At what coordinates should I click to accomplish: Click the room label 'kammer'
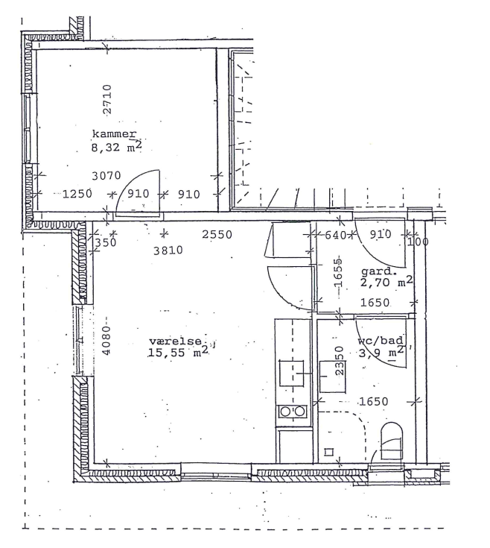click(x=114, y=134)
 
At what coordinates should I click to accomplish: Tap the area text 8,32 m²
click(x=117, y=146)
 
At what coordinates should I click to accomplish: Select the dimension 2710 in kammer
click(x=107, y=99)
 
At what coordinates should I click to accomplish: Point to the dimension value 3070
click(x=106, y=175)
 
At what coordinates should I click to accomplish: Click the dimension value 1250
click(x=77, y=194)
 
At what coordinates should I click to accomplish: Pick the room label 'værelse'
click(x=176, y=341)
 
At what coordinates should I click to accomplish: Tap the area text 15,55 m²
click(x=178, y=352)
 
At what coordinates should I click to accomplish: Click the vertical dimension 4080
click(x=106, y=341)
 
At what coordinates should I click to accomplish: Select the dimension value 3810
click(x=168, y=251)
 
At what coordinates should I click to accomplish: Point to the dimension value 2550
click(x=217, y=235)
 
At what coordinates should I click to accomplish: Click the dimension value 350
click(x=106, y=242)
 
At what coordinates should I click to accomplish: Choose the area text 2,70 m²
click(x=386, y=281)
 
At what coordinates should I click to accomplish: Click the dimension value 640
click(x=335, y=235)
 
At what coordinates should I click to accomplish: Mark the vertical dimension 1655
click(x=338, y=273)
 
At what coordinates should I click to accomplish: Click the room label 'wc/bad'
click(x=381, y=340)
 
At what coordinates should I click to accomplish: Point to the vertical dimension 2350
click(x=340, y=360)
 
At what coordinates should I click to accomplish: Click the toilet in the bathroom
click(x=391, y=441)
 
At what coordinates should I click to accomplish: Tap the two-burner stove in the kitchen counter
click(x=293, y=412)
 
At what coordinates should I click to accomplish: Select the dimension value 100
click(x=418, y=242)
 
